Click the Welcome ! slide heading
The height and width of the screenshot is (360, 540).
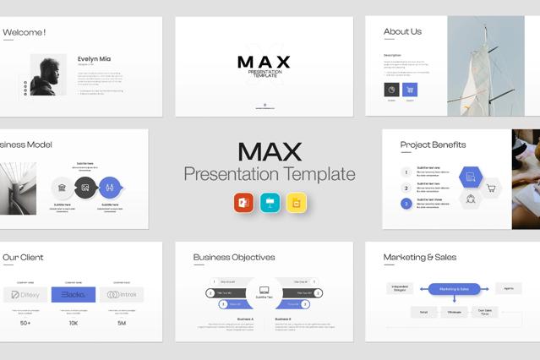point(25,32)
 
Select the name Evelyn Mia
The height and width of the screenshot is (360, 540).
point(94,59)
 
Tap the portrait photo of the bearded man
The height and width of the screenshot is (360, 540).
point(48,75)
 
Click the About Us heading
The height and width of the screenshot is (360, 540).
point(402,32)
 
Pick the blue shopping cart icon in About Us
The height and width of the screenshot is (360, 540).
point(411,90)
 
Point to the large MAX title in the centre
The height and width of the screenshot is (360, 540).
point(270,151)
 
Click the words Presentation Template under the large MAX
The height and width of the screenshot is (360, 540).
point(270,175)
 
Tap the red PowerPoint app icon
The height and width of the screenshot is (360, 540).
point(244,203)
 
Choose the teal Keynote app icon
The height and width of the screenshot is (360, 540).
point(270,203)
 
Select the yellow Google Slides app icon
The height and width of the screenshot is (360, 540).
point(296,203)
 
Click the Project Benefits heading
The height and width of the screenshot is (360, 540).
point(433,145)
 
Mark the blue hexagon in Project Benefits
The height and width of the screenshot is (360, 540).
point(470,177)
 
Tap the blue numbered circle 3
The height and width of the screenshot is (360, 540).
point(406,204)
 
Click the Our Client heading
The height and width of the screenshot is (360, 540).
point(23,257)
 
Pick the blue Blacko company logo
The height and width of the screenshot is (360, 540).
point(74,295)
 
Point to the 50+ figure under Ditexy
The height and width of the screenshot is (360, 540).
point(25,323)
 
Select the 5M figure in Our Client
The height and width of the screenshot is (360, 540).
point(123,323)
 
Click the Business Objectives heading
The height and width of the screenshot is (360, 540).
point(234,257)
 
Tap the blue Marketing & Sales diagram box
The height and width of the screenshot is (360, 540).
point(454,289)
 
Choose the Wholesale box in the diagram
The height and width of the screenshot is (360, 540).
point(454,312)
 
